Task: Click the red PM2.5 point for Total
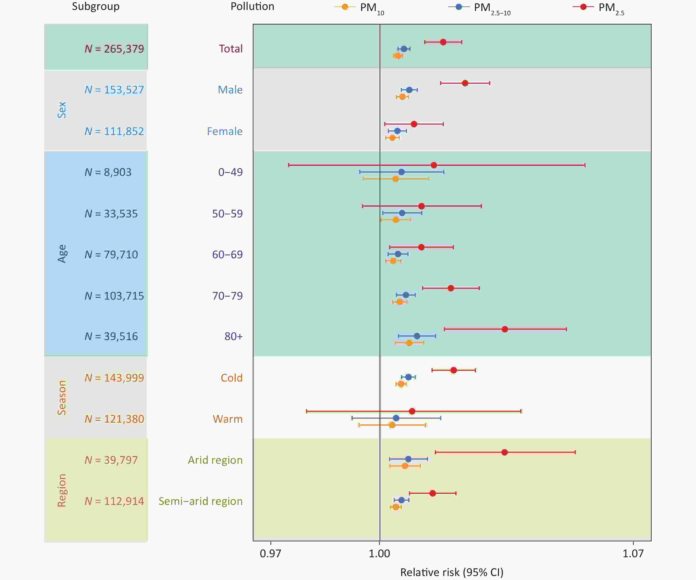click(443, 42)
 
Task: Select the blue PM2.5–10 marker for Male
click(409, 90)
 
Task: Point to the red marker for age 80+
click(505, 329)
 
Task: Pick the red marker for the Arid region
click(504, 452)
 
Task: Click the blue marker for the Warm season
click(396, 418)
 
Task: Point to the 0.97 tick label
click(270, 553)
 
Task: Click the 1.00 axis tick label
click(380, 553)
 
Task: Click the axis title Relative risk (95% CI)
click(452, 572)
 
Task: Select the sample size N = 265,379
click(114, 49)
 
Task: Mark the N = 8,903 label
click(108, 172)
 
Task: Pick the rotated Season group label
click(62, 398)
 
